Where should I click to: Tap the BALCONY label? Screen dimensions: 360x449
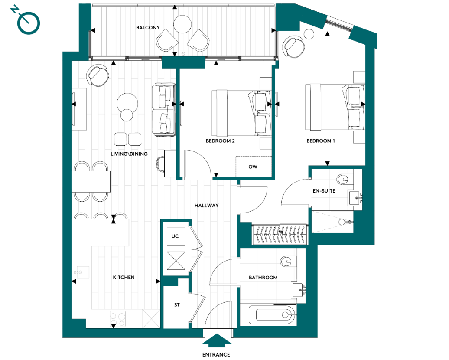pos(148,28)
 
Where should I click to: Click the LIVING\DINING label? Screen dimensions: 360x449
pos(129,154)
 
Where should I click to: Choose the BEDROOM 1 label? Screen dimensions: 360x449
pos(321,141)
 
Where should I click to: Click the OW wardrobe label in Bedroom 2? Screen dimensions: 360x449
pos(253,167)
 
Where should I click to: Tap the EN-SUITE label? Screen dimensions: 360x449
pos(324,190)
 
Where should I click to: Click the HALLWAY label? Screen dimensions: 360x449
pos(206,206)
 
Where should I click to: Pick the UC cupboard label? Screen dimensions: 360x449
pos(175,236)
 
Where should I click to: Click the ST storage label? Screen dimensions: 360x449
pos(177,305)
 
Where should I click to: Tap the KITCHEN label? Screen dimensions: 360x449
pos(124,277)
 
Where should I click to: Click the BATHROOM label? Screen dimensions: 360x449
pos(263,278)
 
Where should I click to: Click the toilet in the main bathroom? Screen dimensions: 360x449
pos(288,262)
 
